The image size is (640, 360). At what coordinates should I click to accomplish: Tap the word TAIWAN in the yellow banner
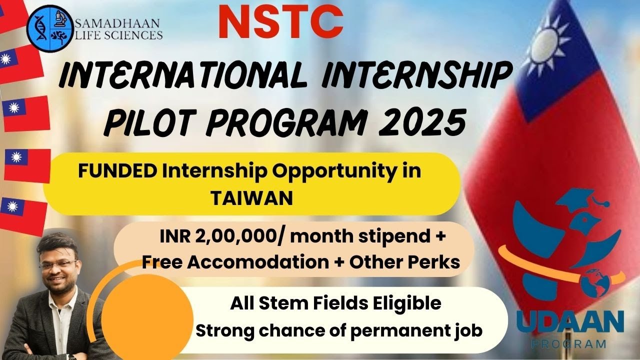pyautogui.click(x=251, y=198)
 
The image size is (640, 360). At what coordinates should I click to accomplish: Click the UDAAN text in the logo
pyautogui.click(x=570, y=322)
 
